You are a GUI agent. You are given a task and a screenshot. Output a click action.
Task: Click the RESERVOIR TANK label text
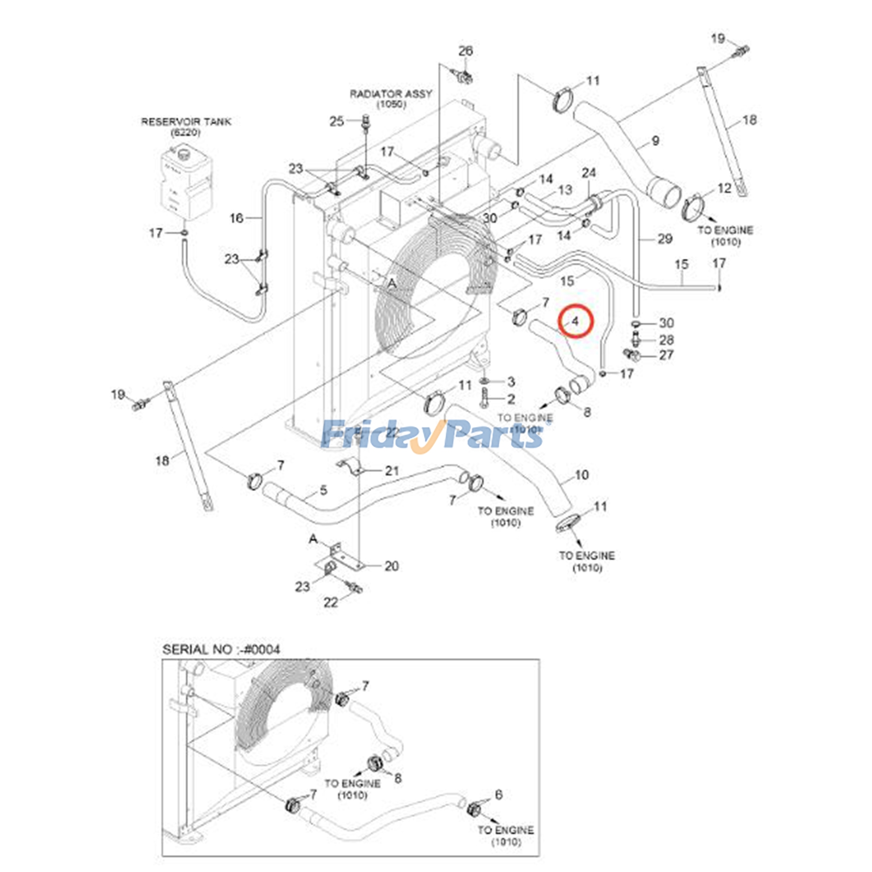186,122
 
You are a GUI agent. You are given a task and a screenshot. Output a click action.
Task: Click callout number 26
465,51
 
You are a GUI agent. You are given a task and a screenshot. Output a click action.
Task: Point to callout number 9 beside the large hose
655,141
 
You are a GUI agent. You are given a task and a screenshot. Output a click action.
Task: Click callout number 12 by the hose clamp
724,188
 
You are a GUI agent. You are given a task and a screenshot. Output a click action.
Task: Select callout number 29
664,238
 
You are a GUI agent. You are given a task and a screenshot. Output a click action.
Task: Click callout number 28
666,340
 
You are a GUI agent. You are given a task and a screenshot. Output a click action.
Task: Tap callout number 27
666,355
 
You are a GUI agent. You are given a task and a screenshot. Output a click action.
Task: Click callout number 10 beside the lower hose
582,475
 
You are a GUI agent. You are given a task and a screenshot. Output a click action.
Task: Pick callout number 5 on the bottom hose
323,491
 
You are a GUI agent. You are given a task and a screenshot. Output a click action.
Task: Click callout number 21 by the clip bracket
392,470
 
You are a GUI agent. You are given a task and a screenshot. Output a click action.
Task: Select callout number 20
391,566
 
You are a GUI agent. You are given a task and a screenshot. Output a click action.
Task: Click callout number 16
236,218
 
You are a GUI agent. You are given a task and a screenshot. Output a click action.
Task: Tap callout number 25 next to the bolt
337,121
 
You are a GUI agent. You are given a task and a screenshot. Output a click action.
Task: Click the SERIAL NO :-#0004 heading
221,649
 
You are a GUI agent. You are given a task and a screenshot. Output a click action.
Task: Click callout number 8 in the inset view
397,778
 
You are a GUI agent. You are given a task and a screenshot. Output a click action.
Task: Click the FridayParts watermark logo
433,435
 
